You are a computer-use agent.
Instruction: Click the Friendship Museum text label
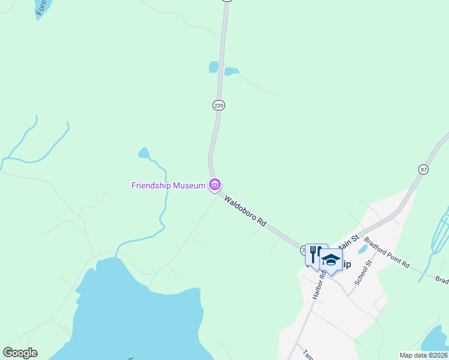[169, 185]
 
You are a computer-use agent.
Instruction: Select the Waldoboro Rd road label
[246, 210]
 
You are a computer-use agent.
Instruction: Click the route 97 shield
[424, 170]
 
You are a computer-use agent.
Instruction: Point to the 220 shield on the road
[218, 105]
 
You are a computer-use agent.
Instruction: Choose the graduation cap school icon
[331, 260]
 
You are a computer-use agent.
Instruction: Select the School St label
[363, 271]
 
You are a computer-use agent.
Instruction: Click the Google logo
[20, 353]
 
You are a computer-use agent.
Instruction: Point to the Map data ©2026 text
[423, 355]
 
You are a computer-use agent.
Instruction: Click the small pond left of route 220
[214, 67]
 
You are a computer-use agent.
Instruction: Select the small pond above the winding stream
[143, 153]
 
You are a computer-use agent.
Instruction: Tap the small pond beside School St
[363, 249]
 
